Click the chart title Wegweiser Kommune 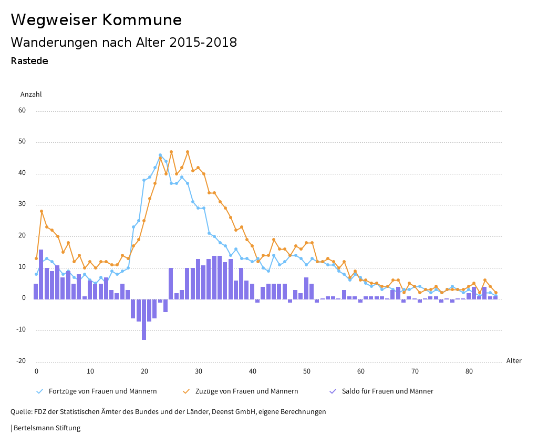(96, 20)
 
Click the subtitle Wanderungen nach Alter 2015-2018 (123, 43)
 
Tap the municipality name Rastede (29, 61)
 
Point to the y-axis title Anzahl (31, 95)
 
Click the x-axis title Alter (514, 361)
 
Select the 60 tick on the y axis (22, 110)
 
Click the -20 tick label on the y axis (20, 361)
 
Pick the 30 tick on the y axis (22, 204)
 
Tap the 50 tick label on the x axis (307, 371)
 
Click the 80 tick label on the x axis (469, 371)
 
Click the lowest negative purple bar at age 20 (144, 319)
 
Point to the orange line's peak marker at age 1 (42, 211)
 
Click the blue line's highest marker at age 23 (160, 156)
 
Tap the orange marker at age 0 (36, 258)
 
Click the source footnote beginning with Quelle (168, 412)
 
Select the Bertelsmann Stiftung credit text (46, 428)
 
